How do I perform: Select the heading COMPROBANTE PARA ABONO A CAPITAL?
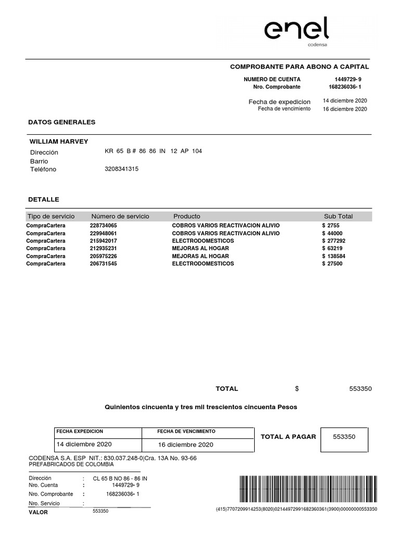click(299, 67)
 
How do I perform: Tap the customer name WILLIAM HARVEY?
click(59, 142)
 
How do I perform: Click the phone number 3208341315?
click(122, 169)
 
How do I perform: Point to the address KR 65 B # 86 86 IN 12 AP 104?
click(153, 151)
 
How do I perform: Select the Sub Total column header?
click(338, 216)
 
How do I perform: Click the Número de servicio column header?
click(120, 216)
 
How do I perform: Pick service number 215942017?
click(104, 241)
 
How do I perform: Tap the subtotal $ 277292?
click(334, 241)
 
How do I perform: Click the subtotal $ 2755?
click(331, 225)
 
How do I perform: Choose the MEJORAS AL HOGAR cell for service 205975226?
click(201, 256)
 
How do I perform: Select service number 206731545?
click(104, 264)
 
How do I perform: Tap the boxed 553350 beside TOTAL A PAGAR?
click(344, 437)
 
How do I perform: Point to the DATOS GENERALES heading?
click(61, 122)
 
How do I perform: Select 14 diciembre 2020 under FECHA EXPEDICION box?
click(84, 445)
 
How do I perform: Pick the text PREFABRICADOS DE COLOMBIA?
click(71, 464)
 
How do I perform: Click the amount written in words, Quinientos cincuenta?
click(201, 407)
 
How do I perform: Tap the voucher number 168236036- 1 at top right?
click(345, 86)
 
